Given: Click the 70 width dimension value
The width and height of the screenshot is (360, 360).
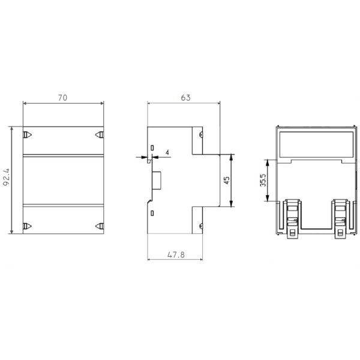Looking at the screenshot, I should (x=63, y=96).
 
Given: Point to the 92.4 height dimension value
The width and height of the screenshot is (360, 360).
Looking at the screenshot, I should (x=7, y=179).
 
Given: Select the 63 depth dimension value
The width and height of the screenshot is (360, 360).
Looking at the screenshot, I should (x=185, y=96).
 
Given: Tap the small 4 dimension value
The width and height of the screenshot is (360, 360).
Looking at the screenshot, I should (x=166, y=154).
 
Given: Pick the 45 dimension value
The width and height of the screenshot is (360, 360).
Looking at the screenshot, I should (x=226, y=181).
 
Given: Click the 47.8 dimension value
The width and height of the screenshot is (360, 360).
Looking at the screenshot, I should (x=175, y=254).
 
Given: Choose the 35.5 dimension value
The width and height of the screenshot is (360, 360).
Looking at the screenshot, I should (x=263, y=180).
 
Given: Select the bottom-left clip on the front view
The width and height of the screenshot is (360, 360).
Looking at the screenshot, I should (x=26, y=226).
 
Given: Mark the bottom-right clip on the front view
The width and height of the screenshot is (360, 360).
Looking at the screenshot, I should (x=100, y=226).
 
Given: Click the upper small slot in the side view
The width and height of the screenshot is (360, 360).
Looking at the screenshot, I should (x=152, y=148).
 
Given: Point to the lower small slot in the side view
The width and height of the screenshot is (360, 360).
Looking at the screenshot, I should (x=152, y=214).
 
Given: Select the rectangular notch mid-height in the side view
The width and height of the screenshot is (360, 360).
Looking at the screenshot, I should (x=157, y=180).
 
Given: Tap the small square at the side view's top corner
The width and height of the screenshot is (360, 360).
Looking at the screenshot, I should (x=197, y=136).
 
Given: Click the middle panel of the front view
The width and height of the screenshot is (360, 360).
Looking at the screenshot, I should (x=63, y=181).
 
